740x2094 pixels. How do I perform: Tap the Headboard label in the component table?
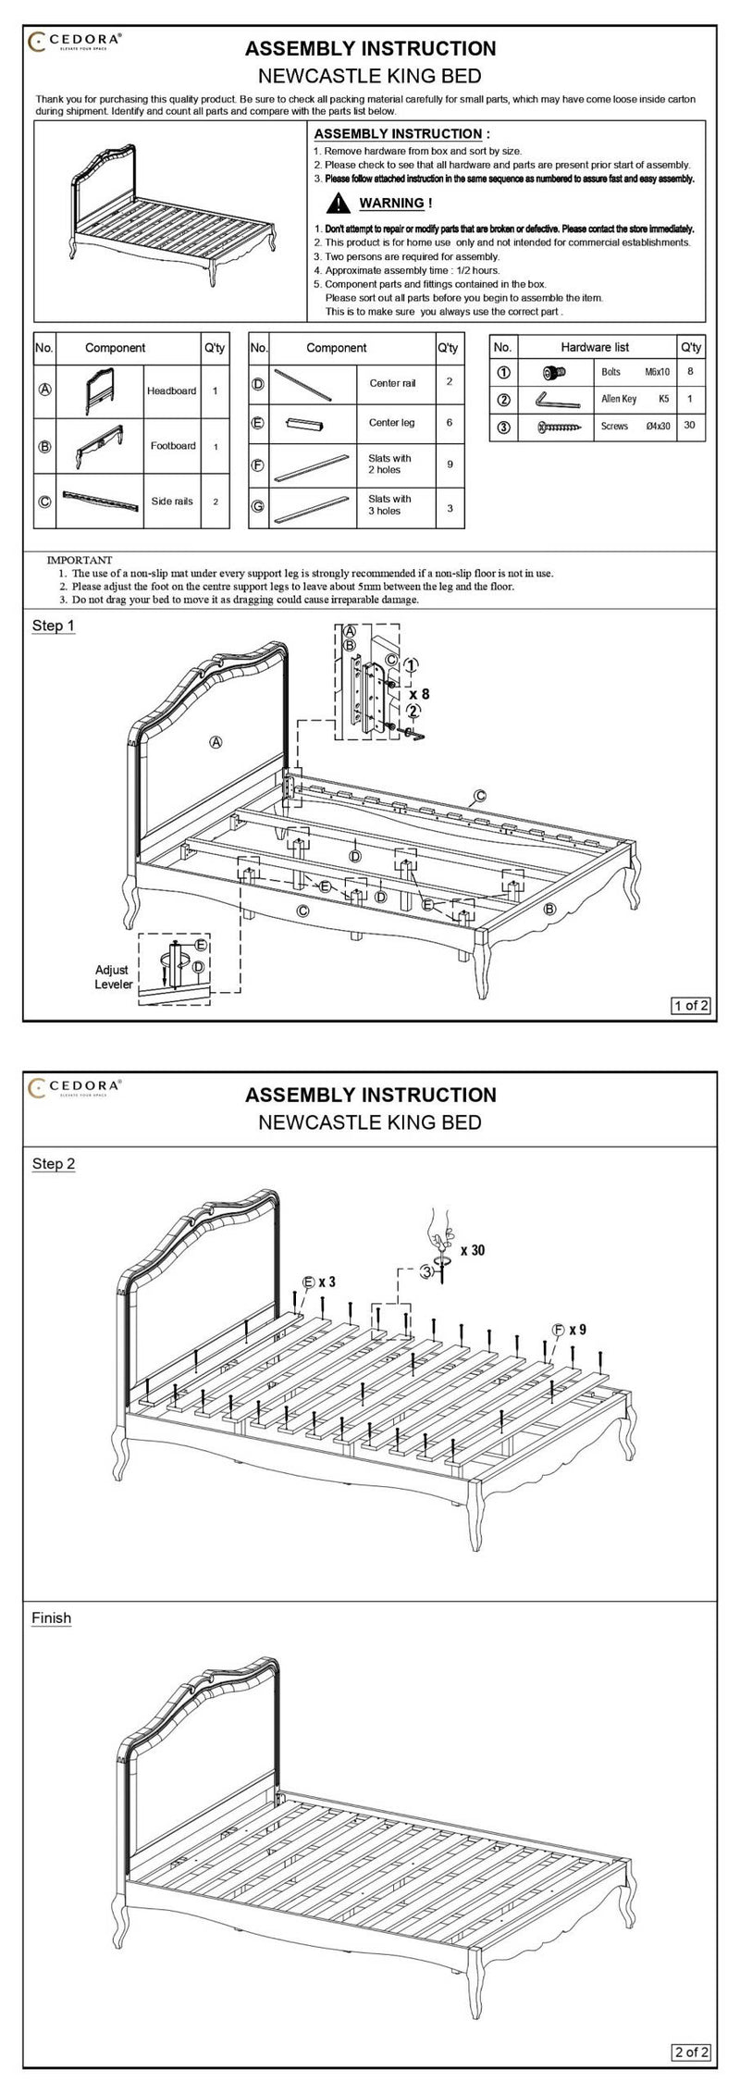[171, 390]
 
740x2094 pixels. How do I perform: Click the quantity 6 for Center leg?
[450, 422]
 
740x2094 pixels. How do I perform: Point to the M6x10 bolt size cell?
[657, 372]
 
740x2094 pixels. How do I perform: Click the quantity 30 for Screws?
[689, 427]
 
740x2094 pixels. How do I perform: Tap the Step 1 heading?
[54, 626]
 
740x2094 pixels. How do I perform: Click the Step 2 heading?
[54, 1163]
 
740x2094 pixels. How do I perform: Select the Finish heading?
[52, 1618]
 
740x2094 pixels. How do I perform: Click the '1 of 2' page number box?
[691, 1006]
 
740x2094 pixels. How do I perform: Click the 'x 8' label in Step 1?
[419, 693]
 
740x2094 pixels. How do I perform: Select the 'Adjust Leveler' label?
[113, 977]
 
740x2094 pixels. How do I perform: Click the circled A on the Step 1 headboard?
[216, 742]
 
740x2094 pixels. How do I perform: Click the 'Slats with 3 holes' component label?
[389, 504]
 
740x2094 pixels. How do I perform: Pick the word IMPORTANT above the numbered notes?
[80, 560]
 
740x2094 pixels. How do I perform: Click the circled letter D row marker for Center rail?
[259, 382]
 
